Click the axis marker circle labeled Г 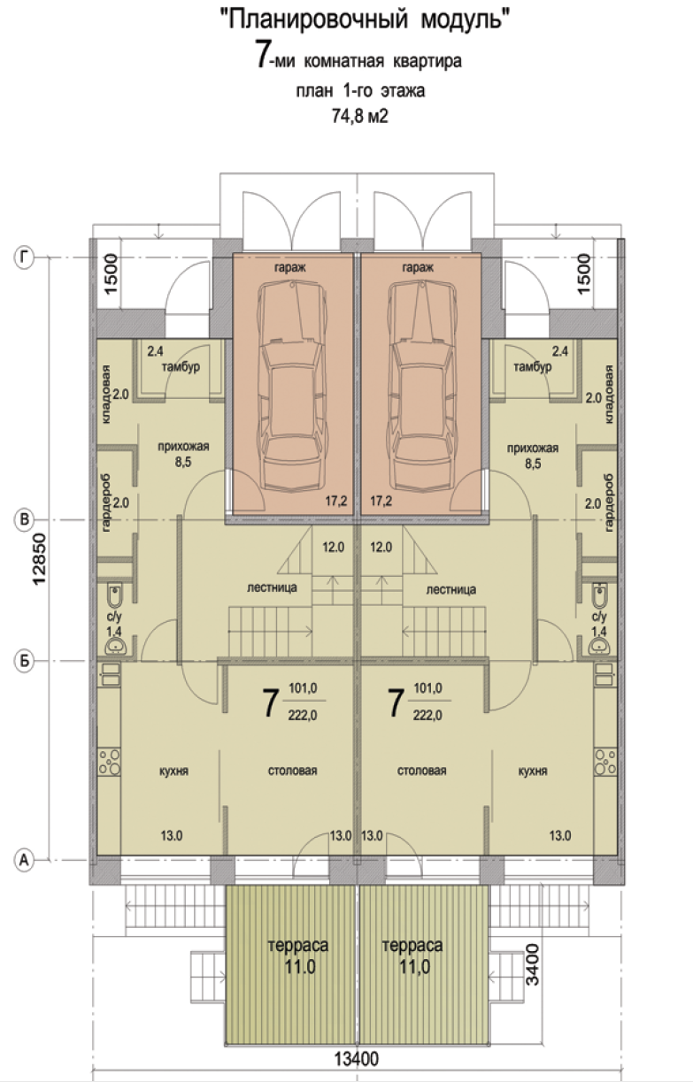pos(24,257)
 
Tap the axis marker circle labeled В pos(24,519)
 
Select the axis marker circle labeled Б pos(24,661)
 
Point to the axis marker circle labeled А pos(24,860)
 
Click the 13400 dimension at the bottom pos(356,1059)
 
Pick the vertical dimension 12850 pos(39,559)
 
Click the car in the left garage pos(291,388)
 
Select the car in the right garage pos(422,388)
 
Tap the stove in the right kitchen pos(605,763)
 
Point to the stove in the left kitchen pos(109,763)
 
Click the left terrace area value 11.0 pos(300,967)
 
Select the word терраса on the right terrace pos(412,945)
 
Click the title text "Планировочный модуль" pos(365,20)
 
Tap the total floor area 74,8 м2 pos(359,116)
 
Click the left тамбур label pos(181,366)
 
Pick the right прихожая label pos(533,448)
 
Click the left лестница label pos(272,587)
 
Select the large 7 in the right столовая pos(396,703)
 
